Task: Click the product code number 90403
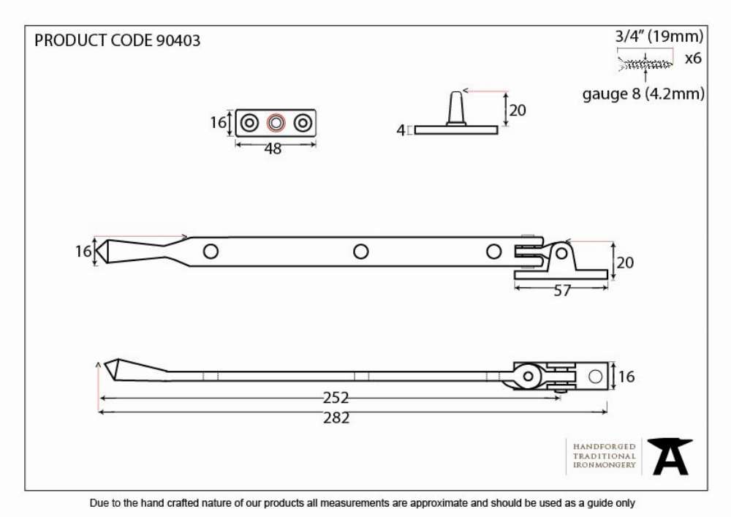178,40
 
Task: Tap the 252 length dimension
336,398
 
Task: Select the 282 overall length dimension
336,418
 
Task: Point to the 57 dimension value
561,291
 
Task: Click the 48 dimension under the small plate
273,148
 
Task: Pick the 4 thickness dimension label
401,131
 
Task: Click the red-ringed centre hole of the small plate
276,123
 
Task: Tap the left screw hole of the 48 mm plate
249,123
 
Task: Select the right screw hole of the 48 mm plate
303,123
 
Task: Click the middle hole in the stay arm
360,252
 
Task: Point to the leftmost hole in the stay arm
211,252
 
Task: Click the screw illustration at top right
645,64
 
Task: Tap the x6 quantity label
693,59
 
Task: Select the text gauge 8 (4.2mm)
643,94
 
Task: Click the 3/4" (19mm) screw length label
659,36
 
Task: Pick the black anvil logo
670,456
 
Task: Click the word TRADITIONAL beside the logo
605,456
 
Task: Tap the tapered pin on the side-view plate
456,108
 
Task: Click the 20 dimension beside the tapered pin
517,110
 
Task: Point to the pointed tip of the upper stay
96,252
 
